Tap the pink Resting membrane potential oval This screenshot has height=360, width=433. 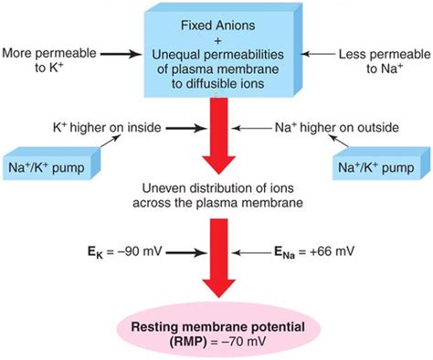216,332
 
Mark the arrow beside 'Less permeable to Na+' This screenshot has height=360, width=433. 316,54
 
